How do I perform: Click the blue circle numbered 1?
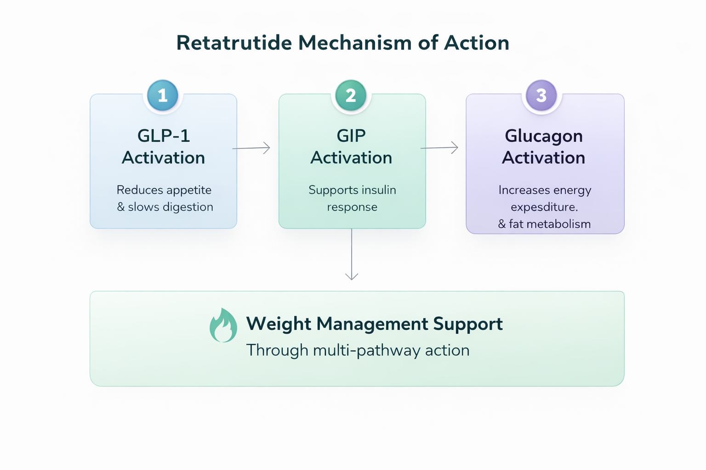click(x=163, y=95)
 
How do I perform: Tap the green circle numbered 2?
click(x=351, y=95)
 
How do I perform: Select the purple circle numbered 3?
click(x=541, y=95)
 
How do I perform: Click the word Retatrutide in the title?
click(x=234, y=43)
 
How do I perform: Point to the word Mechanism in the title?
click(x=355, y=43)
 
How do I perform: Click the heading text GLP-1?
click(x=164, y=136)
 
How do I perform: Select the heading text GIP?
click(x=351, y=136)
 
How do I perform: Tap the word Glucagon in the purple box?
click(x=543, y=136)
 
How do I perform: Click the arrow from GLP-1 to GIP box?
click(x=251, y=148)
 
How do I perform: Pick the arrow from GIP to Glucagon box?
click(x=439, y=148)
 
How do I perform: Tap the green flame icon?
click(x=223, y=325)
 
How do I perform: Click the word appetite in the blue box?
click(x=188, y=190)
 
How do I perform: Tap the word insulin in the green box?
click(x=378, y=190)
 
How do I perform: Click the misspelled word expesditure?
click(x=544, y=207)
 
